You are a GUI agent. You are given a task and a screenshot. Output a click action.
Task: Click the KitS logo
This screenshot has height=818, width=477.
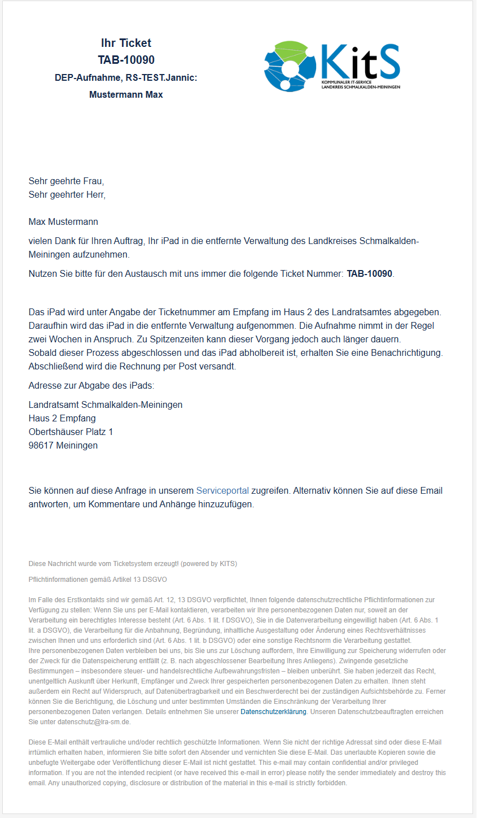click(332, 66)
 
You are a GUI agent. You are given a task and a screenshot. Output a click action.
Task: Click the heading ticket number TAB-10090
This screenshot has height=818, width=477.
click(126, 60)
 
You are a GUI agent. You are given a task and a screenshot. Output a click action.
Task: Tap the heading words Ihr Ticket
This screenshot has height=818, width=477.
click(126, 43)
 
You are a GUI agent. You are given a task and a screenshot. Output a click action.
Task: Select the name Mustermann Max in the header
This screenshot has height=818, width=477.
click(126, 94)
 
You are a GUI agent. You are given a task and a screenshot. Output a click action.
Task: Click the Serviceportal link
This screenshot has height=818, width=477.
click(222, 490)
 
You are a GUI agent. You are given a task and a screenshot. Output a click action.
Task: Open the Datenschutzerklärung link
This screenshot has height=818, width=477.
click(273, 712)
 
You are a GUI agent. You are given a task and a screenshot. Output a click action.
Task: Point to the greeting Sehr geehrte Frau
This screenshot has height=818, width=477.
click(66, 181)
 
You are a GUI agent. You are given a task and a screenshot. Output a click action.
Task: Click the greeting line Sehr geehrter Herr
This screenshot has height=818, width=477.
click(67, 195)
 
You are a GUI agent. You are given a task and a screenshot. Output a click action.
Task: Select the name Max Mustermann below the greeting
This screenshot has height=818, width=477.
click(63, 221)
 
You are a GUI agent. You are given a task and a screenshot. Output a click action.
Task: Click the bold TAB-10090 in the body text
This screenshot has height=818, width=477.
click(369, 274)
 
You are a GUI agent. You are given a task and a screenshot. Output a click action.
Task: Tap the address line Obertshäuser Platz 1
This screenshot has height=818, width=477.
click(71, 432)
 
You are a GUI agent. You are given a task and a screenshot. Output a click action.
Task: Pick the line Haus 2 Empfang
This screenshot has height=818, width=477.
click(62, 418)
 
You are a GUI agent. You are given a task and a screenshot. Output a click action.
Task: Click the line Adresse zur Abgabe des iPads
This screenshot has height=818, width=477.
click(91, 385)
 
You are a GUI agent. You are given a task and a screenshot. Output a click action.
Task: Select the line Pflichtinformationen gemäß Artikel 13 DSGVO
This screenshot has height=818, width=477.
click(98, 580)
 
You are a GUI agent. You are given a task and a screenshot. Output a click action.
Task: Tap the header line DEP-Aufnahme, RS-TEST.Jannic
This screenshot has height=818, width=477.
click(126, 77)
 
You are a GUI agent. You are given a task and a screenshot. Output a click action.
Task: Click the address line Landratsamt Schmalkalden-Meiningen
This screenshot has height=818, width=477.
click(106, 404)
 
